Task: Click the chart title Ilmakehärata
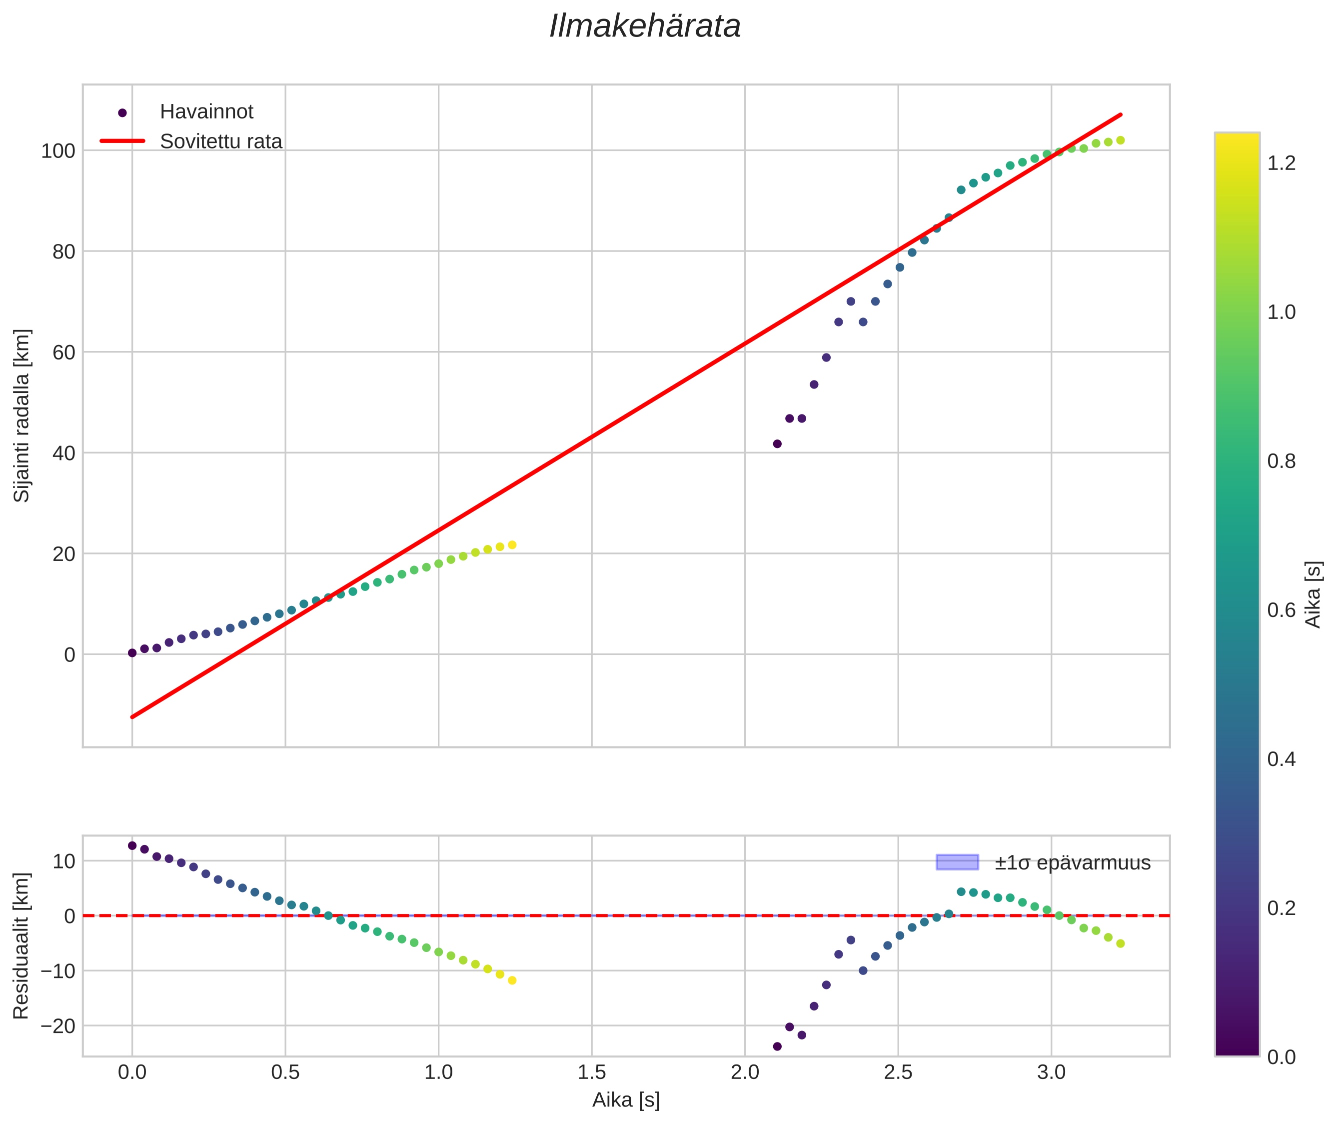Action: pyautogui.click(x=645, y=26)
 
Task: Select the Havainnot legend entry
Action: pyautogui.click(x=206, y=112)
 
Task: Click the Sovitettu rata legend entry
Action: pyautogui.click(x=221, y=141)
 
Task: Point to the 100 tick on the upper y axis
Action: pyautogui.click(x=58, y=151)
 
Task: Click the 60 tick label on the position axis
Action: pyautogui.click(x=63, y=352)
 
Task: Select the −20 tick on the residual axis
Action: pyautogui.click(x=58, y=1026)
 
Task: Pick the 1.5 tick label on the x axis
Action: pyautogui.click(x=591, y=1072)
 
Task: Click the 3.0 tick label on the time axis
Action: pyautogui.click(x=1051, y=1072)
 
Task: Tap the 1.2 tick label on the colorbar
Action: pyautogui.click(x=1281, y=163)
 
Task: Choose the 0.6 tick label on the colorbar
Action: pyautogui.click(x=1281, y=610)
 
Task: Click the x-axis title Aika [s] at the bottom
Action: pyautogui.click(x=626, y=1100)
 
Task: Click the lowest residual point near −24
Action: pyautogui.click(x=777, y=1046)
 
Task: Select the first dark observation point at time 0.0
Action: pyautogui.click(x=132, y=653)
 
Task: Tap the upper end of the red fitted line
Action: pyautogui.click(x=1120, y=114)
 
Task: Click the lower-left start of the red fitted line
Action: pyautogui.click(x=132, y=717)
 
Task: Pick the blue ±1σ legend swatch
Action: pyautogui.click(x=957, y=862)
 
